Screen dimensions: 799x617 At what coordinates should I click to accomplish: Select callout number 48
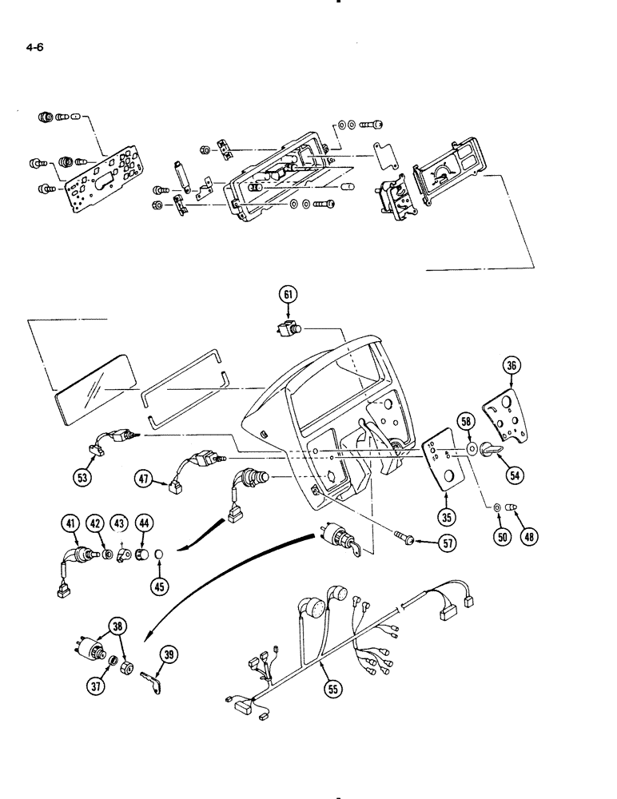(x=528, y=535)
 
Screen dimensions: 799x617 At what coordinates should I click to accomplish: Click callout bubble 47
(x=145, y=479)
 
